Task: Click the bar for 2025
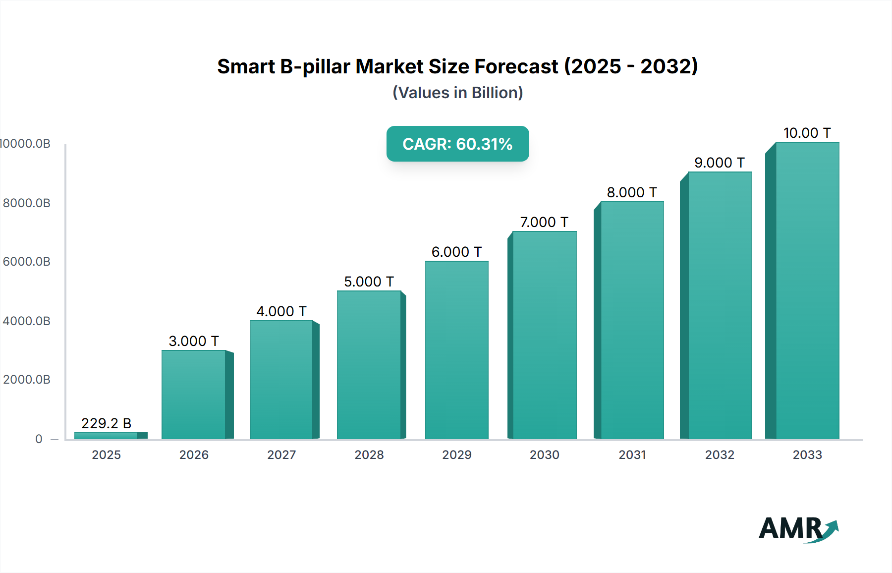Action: (x=106, y=436)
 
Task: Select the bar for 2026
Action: (x=194, y=395)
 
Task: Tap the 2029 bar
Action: (x=456, y=350)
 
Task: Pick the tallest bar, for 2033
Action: (x=807, y=290)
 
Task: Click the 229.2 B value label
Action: (x=106, y=423)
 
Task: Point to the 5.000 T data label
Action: (x=369, y=282)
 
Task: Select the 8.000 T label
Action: (x=632, y=192)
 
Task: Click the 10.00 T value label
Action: (x=807, y=133)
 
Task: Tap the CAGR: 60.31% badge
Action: (x=457, y=144)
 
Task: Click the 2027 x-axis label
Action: (x=281, y=455)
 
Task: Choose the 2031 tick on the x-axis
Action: (x=632, y=455)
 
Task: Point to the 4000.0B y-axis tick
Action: (x=27, y=321)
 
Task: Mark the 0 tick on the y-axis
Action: (x=39, y=439)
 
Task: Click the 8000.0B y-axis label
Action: (x=27, y=203)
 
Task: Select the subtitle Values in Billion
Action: (x=457, y=93)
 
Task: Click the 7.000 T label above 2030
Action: (x=544, y=222)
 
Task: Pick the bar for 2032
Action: (x=720, y=305)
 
